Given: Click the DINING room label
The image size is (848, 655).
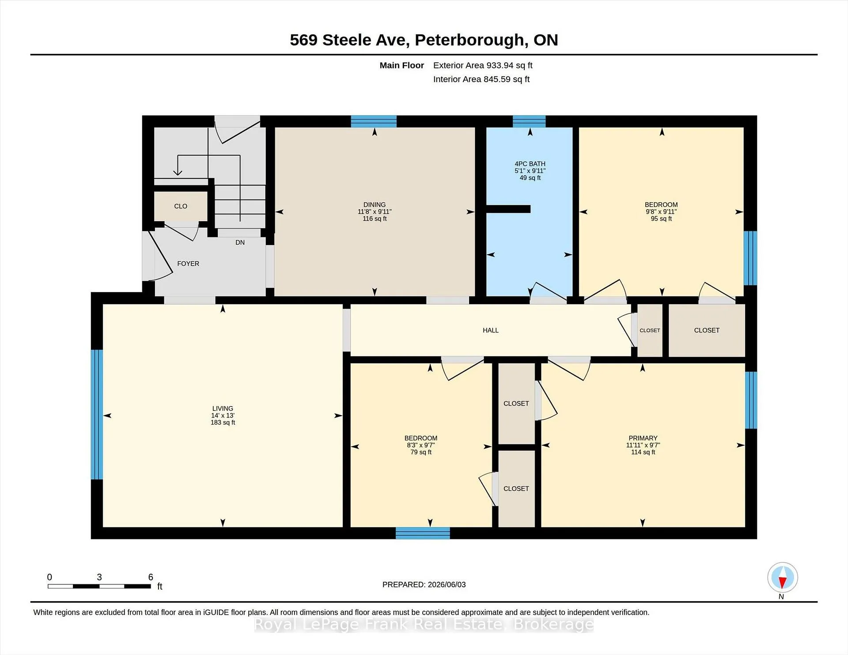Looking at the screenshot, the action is coord(375,205).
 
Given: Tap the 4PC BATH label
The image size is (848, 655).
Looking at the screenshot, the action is coord(530,164).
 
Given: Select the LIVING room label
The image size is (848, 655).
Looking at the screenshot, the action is coord(223,409).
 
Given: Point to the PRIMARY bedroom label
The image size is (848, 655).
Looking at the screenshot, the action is coord(643,438).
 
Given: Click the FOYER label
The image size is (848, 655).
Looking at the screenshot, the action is coord(188,264).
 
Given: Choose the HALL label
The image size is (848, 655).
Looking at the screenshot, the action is coord(491,330).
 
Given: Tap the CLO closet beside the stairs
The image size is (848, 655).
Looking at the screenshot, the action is coord(181,206).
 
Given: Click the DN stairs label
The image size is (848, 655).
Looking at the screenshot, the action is coord(240,242).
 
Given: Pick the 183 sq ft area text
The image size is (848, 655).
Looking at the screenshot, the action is coord(223,422).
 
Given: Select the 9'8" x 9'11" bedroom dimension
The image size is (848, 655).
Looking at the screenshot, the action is coord(661,211).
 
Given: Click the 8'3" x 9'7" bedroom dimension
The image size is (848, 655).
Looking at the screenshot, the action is coord(421,445).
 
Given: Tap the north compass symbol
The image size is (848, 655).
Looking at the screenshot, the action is coord(783,577).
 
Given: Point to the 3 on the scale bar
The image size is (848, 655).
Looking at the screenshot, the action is coord(99,577).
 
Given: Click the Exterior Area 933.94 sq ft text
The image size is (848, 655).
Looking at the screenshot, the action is coord(483,65).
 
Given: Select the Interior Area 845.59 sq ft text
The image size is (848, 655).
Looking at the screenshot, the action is coord(481,79).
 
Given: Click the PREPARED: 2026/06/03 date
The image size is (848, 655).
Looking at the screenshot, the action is coord(424,584).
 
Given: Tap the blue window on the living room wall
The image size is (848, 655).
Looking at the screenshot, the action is coord(97,414).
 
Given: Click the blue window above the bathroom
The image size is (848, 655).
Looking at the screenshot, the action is coord(529,121).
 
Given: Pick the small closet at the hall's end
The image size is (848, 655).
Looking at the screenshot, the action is coord(650,330).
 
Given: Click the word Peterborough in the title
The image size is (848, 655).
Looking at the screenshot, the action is coord(469,40).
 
